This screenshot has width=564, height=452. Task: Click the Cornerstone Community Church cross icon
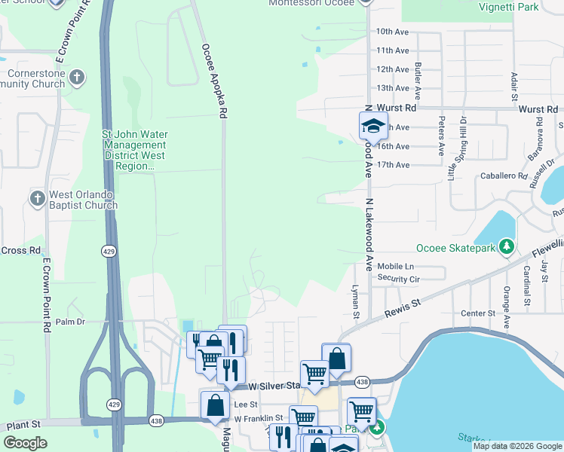76,78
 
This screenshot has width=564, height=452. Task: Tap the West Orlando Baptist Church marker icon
37,199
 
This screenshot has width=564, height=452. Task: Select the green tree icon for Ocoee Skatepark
507,247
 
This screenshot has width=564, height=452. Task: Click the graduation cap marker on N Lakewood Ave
372,126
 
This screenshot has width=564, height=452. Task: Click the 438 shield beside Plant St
156,420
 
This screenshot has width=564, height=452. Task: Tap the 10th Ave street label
392,32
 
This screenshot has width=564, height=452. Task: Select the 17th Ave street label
392,165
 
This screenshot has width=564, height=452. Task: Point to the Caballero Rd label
503,176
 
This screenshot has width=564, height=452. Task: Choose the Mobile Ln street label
395,267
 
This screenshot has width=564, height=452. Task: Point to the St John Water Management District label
135,150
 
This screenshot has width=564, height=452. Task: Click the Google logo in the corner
25,442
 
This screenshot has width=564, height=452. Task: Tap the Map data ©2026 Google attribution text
516,446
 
